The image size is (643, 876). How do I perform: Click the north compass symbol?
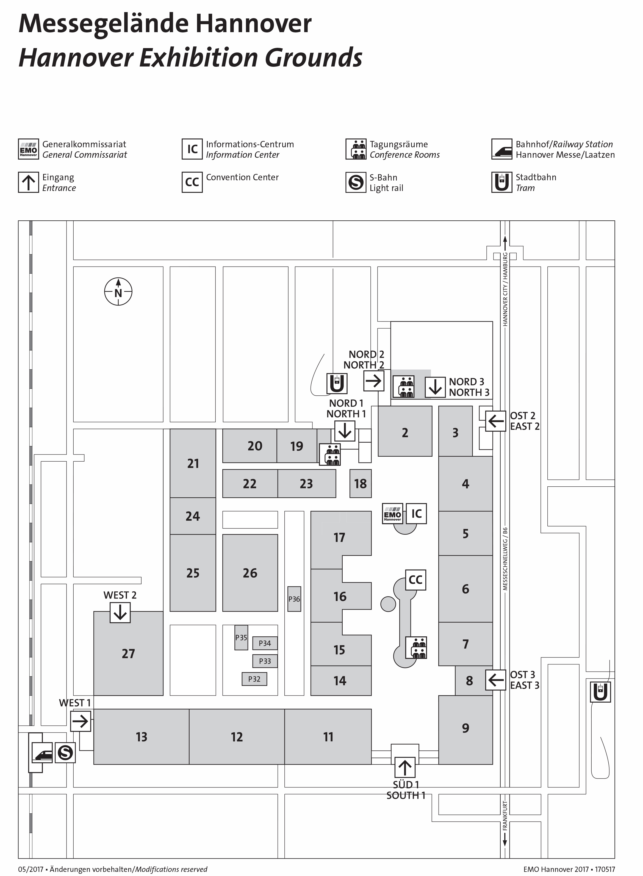(x=118, y=292)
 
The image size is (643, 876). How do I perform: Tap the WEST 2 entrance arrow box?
(x=120, y=612)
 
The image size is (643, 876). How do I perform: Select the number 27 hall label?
(x=128, y=653)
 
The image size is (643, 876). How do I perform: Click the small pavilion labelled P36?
(x=294, y=599)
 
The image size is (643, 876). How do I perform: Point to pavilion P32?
(x=254, y=679)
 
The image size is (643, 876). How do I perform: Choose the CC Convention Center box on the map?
(x=416, y=580)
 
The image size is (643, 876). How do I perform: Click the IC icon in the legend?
(x=192, y=149)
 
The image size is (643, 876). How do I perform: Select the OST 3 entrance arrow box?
(x=495, y=680)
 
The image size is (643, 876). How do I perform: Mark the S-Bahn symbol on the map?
(x=65, y=753)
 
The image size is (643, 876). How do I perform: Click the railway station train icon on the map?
(x=42, y=753)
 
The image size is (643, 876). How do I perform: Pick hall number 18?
(x=361, y=484)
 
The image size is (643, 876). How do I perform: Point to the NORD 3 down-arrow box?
(x=435, y=387)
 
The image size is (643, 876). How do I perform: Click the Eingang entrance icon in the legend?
(x=28, y=182)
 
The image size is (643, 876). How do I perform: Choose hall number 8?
(x=469, y=681)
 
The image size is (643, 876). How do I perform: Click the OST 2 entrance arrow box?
(x=495, y=421)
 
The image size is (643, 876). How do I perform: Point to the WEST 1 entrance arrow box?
(x=81, y=721)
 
